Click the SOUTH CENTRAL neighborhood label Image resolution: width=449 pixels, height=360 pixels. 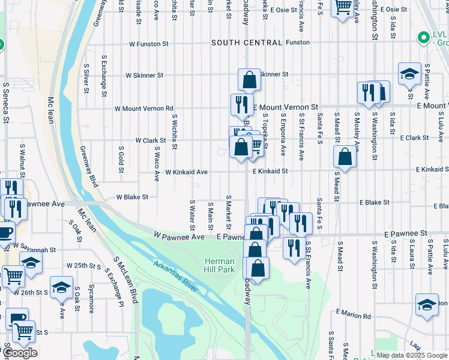click(x=246, y=43)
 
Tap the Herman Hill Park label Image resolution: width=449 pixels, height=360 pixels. click(x=218, y=266)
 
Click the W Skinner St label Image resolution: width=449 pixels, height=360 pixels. click(x=144, y=76)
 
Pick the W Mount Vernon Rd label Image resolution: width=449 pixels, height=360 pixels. click(x=144, y=109)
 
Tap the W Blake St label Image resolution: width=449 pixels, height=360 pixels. click(x=132, y=197)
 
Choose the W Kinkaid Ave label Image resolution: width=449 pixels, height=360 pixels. click(x=187, y=172)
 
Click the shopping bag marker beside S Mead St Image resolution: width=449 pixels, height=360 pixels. click(x=345, y=157)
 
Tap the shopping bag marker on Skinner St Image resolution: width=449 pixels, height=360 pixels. click(x=249, y=79)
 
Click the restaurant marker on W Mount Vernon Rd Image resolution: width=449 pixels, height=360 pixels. click(x=242, y=104)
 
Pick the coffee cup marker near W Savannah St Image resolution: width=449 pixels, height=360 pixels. click(x=5, y=233)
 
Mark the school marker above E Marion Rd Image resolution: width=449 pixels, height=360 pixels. click(x=427, y=305)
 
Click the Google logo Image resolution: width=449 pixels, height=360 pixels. click(x=20, y=353)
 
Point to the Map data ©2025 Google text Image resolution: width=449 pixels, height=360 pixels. click(x=411, y=355)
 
